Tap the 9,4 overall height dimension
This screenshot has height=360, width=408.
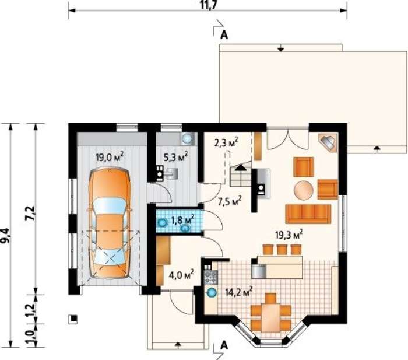(x=5, y=236)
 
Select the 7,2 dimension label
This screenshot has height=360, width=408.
(x=30, y=213)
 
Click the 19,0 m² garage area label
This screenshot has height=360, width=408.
(x=110, y=158)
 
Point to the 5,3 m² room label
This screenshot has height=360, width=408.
(x=175, y=157)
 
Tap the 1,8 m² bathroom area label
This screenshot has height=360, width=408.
(x=183, y=220)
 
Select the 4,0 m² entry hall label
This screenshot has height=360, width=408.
(x=181, y=275)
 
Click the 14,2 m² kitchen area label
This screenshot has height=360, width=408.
(x=239, y=292)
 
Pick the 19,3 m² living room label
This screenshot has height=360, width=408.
(x=289, y=235)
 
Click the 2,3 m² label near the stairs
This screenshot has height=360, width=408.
(x=227, y=143)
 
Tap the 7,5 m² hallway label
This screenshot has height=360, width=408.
(x=230, y=202)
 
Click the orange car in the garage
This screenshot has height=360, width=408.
(x=110, y=223)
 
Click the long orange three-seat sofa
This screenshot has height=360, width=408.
(x=308, y=214)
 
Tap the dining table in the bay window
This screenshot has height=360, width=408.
(x=270, y=317)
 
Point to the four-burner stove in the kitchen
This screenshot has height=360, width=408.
(x=211, y=277)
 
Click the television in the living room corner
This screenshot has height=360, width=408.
(x=329, y=142)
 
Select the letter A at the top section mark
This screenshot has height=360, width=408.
(x=224, y=35)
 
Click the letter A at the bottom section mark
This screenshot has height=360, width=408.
(x=224, y=345)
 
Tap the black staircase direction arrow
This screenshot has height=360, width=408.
(x=241, y=167)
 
